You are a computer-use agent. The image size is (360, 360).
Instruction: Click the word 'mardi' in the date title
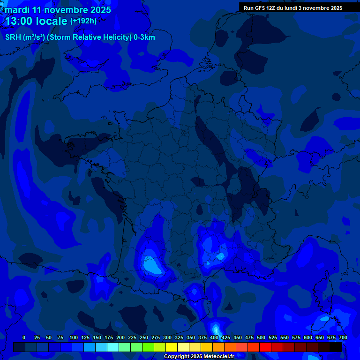[17, 10]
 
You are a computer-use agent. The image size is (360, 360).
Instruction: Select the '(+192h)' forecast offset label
[83, 21]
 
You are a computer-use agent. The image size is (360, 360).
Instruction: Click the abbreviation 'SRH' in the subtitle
[13, 37]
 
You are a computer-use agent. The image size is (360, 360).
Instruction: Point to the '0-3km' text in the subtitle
[144, 37]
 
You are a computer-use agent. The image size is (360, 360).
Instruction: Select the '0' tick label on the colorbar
[24, 337]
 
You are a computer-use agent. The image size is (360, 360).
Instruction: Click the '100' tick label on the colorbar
[73, 337]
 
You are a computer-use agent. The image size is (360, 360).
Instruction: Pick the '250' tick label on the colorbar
[143, 337]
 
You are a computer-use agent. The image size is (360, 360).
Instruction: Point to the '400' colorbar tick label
[214, 337]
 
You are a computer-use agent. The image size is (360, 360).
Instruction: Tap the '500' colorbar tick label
[261, 337]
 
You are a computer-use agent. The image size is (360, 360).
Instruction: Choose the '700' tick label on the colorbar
[343, 337]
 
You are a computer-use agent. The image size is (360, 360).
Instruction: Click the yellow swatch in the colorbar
[172, 347]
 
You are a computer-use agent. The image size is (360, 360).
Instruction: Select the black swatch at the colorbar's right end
[336, 347]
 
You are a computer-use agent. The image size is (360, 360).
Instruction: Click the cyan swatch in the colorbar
[113, 347]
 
